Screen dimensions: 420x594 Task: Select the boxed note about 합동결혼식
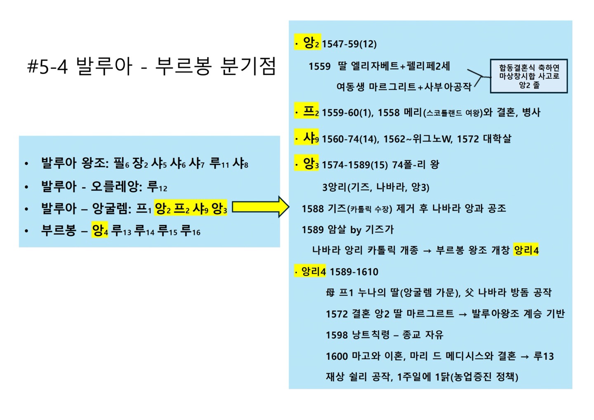click(x=528, y=76)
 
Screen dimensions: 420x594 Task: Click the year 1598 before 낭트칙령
click(x=337, y=335)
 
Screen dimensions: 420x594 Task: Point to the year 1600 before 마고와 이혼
click(x=337, y=356)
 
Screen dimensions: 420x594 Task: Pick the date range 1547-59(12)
click(x=349, y=44)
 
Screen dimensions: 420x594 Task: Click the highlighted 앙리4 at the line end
click(x=526, y=250)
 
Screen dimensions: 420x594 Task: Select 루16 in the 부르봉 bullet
click(x=191, y=231)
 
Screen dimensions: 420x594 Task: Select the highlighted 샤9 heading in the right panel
click(x=308, y=138)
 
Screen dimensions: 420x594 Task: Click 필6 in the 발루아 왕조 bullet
click(x=121, y=164)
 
